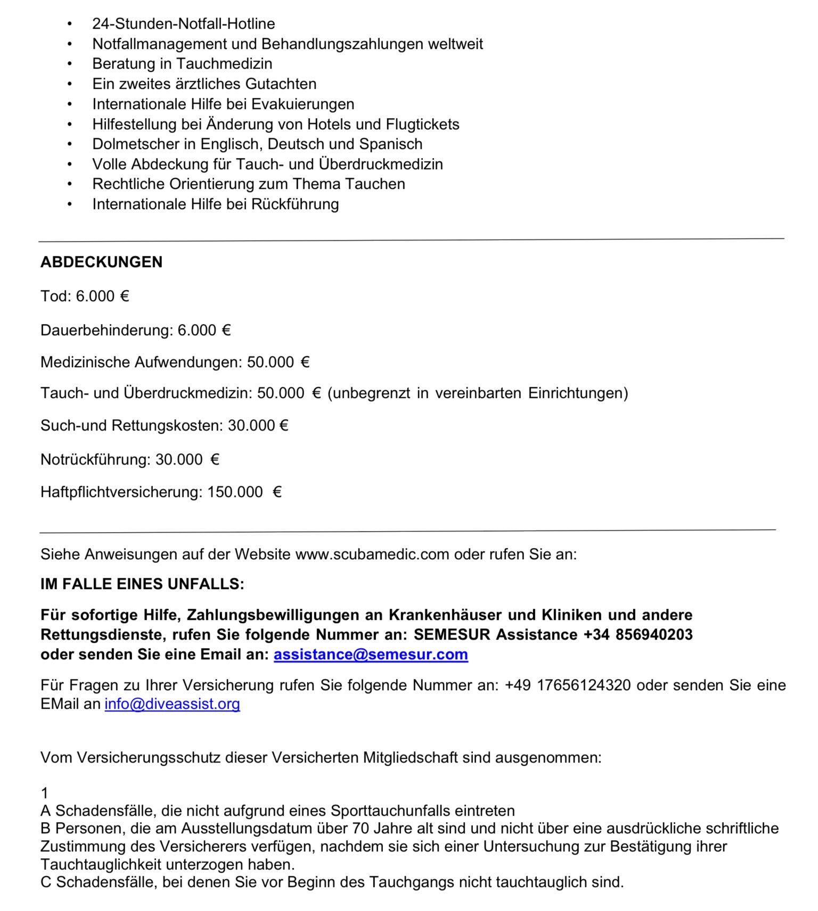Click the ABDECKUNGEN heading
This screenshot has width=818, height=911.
click(101, 262)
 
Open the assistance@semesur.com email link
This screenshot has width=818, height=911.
click(371, 654)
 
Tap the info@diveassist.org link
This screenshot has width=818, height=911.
click(172, 703)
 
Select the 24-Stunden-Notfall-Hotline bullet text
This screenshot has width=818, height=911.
click(183, 23)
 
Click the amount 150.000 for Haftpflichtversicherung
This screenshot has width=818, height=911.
click(235, 492)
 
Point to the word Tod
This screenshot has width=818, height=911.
click(53, 296)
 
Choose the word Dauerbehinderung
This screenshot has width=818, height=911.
click(106, 330)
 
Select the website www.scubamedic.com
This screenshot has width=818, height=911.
click(372, 554)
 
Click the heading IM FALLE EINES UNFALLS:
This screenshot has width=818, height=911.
click(142, 584)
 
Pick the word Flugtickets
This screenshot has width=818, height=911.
click(422, 124)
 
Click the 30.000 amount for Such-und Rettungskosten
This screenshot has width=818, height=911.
click(251, 425)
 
